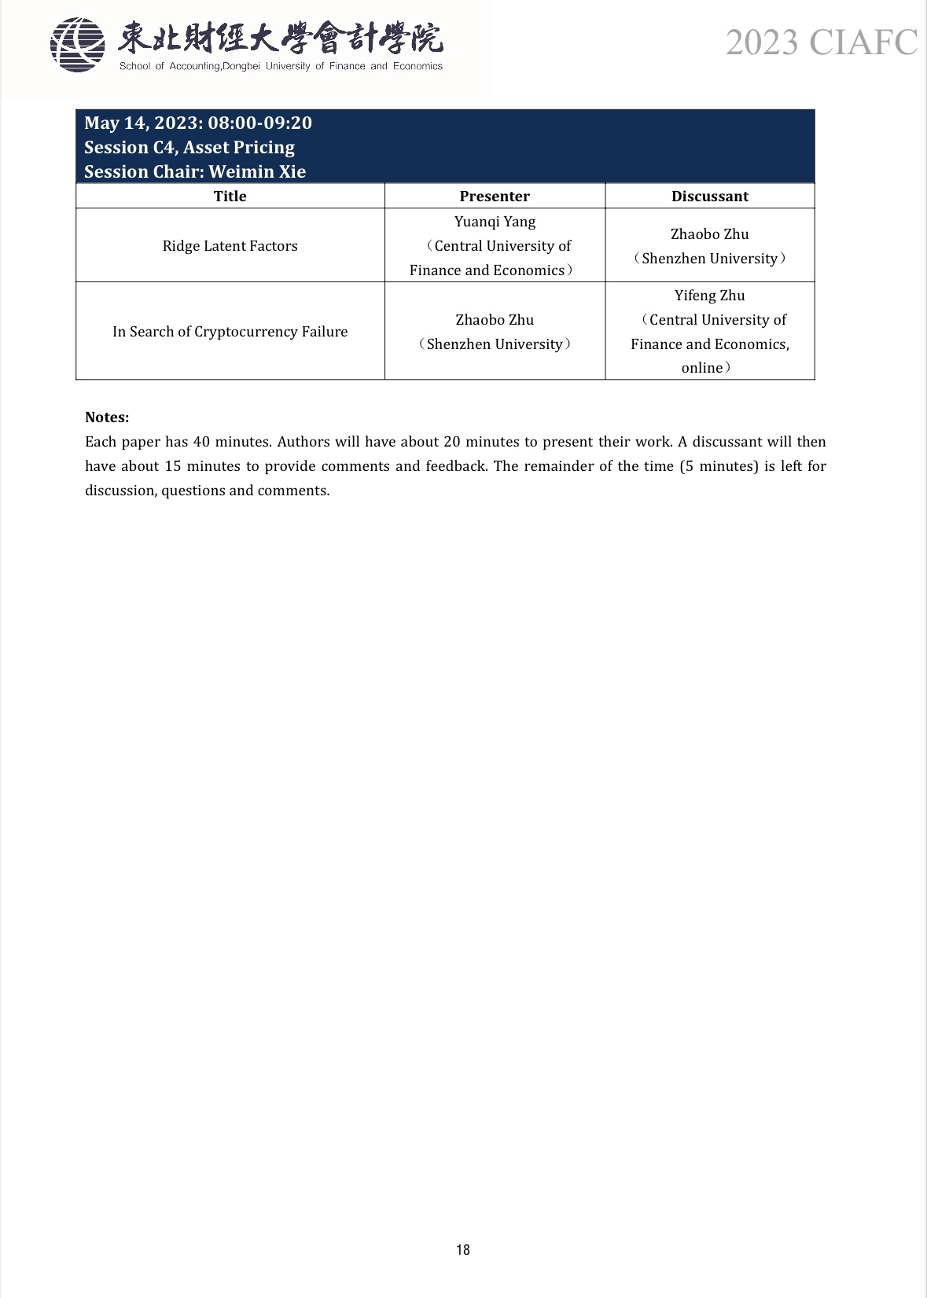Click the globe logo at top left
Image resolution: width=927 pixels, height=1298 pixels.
(77, 45)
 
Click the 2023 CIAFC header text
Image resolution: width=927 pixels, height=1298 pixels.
(821, 42)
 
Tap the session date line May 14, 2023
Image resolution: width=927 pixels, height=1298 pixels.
(198, 123)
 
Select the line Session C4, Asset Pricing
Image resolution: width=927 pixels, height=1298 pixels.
(189, 148)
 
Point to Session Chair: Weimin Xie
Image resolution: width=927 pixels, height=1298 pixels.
(195, 171)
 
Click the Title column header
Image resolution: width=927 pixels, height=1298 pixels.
(230, 196)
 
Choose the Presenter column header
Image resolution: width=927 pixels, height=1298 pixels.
(495, 196)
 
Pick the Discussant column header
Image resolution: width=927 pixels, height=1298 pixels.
(709, 196)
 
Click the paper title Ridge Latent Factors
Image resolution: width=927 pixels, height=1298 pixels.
(230, 246)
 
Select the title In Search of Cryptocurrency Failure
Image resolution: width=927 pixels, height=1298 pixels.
(230, 332)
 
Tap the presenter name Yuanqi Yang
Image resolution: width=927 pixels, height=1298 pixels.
(495, 222)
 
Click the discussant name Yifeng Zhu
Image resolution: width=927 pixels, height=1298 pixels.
(709, 296)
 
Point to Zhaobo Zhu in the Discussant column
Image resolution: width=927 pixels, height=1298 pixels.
(709, 234)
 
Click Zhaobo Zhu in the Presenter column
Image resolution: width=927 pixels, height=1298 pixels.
(495, 320)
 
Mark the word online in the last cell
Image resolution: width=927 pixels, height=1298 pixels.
(701, 368)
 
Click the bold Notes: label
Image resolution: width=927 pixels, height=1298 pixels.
(107, 417)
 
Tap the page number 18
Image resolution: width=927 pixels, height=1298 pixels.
(463, 1250)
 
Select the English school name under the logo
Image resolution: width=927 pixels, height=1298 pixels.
(281, 67)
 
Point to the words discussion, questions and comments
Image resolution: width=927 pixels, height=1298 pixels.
(208, 491)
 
